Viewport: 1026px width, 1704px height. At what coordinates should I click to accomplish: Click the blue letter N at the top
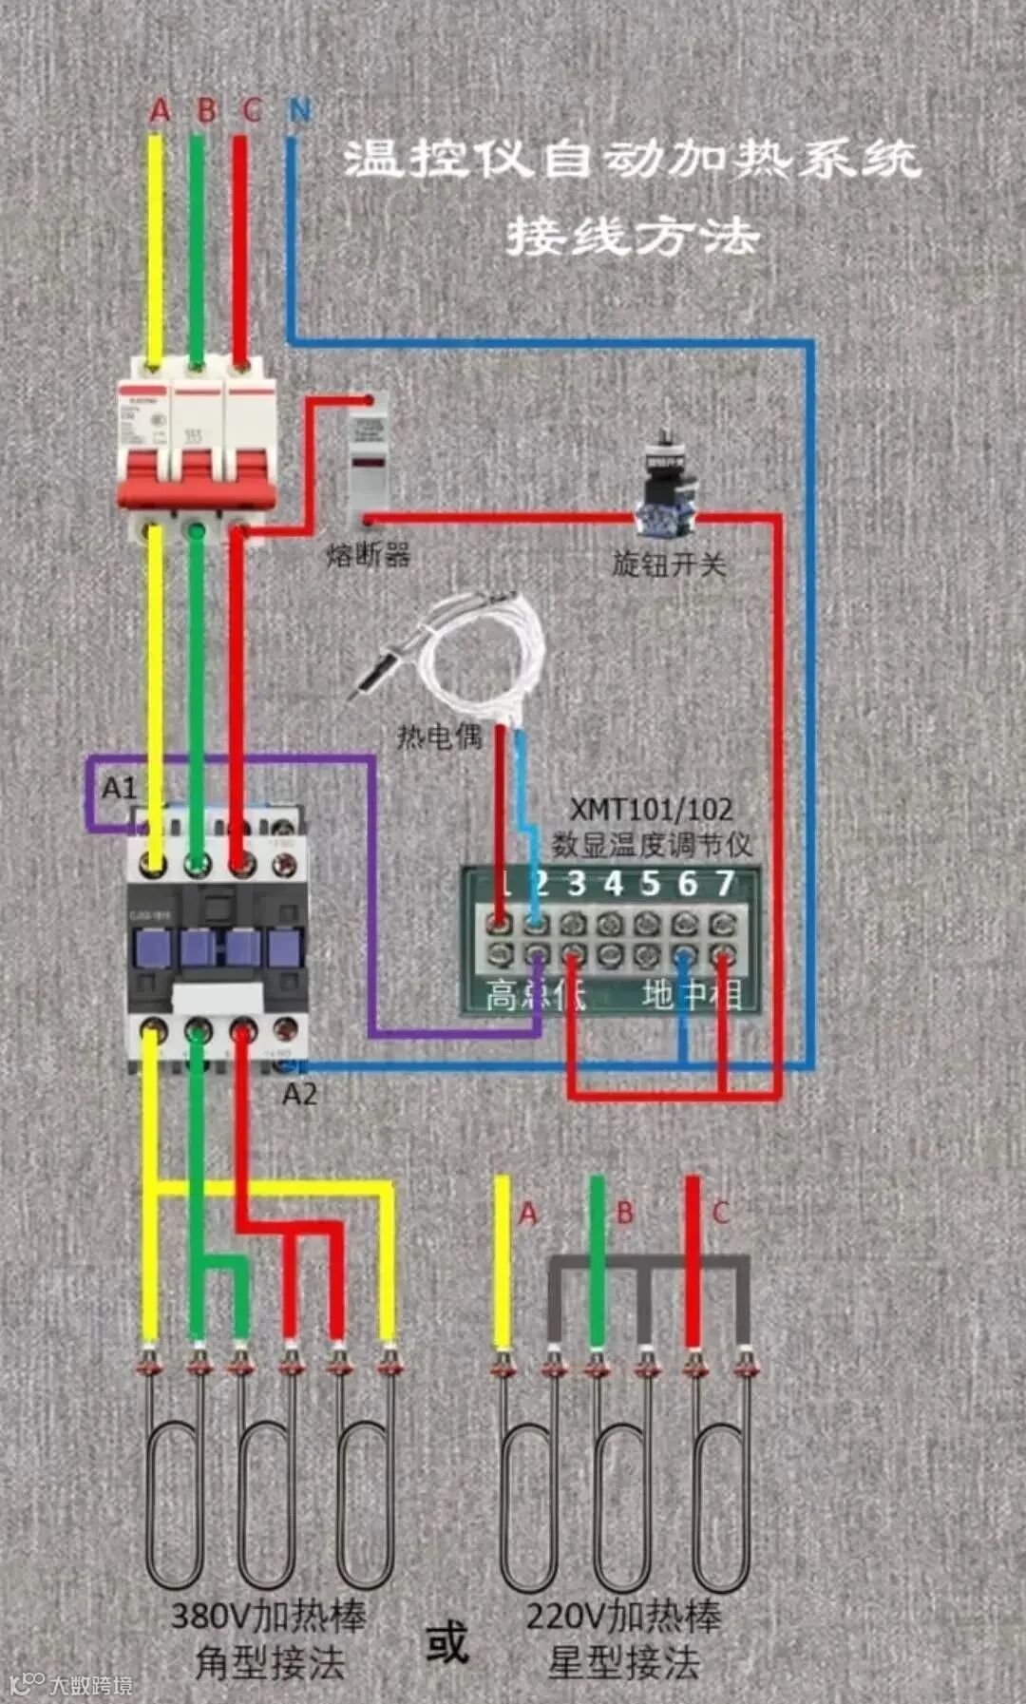click(x=300, y=111)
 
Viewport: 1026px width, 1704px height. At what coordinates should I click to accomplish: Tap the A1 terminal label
click(x=120, y=788)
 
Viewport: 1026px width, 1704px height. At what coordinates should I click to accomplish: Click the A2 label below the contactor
click(x=299, y=1094)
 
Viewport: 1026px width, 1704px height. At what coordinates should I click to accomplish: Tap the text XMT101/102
click(x=651, y=810)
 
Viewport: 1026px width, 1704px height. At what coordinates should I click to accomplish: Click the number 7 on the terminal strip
click(x=725, y=883)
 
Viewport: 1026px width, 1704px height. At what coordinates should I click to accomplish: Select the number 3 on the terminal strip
click(x=576, y=883)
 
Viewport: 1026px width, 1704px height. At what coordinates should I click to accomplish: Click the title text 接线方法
click(x=632, y=235)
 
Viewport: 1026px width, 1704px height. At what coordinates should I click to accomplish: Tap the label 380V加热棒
click(x=269, y=1615)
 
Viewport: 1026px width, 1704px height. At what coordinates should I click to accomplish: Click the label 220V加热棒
click(x=624, y=1615)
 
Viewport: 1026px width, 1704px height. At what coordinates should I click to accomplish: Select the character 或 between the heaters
click(x=446, y=1641)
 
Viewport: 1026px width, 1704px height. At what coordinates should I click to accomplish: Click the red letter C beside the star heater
click(x=720, y=1213)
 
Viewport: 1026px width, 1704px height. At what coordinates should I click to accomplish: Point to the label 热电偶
click(x=439, y=737)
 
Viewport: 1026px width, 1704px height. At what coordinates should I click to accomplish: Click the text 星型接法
click(x=624, y=1662)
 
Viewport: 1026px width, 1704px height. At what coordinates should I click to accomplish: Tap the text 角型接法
click(x=269, y=1662)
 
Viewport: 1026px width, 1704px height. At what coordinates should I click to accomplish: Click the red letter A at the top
click(x=160, y=110)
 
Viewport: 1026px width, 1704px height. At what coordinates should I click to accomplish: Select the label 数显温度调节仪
click(x=652, y=844)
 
